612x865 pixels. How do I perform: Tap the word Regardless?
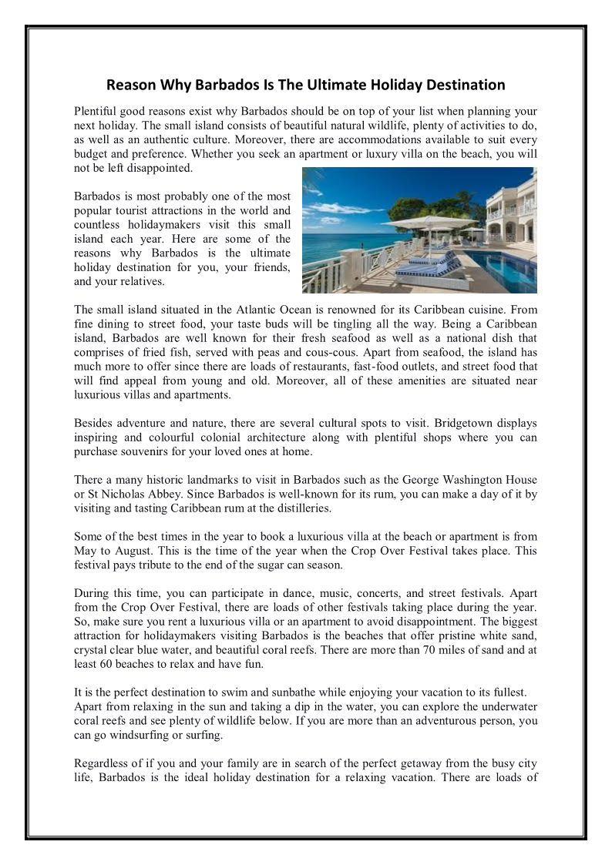click(x=103, y=763)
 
